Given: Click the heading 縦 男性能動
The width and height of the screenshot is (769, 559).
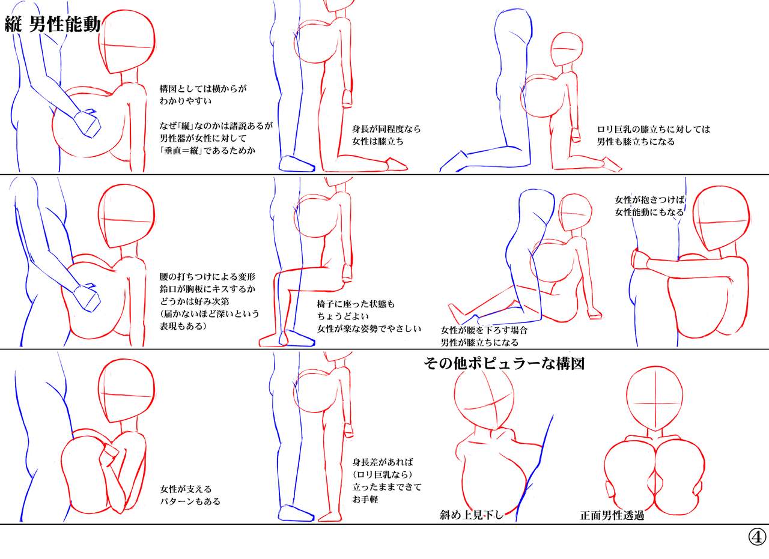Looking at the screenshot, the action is click(x=52, y=25).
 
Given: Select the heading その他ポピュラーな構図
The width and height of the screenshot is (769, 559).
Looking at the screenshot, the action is click(x=504, y=364).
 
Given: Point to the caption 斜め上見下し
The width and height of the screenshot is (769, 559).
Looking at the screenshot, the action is click(x=472, y=515).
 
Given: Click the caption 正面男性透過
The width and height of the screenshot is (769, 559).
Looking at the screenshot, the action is click(x=612, y=515).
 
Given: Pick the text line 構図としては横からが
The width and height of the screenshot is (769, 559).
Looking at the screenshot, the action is click(x=203, y=89).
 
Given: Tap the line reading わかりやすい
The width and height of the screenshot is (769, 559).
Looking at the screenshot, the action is click(x=186, y=101).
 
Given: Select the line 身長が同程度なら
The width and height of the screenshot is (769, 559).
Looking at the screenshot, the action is click(x=386, y=129).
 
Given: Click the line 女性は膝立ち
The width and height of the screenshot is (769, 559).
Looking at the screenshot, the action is click(x=378, y=141).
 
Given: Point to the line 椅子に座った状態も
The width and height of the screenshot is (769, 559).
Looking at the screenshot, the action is click(x=356, y=304).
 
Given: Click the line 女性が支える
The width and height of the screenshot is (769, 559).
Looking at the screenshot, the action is click(x=186, y=489).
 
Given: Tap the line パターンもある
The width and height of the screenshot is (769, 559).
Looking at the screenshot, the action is click(x=190, y=501).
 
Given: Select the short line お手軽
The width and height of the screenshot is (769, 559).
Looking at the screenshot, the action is click(x=365, y=499).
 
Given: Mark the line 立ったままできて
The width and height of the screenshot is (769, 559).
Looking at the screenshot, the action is click(x=387, y=486).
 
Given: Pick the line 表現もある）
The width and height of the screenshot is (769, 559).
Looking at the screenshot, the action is click(x=183, y=326).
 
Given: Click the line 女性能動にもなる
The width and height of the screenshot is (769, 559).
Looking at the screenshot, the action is click(x=649, y=212).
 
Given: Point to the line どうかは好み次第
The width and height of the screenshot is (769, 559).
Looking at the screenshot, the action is click(x=194, y=301).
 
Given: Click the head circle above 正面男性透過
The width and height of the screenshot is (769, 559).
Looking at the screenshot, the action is click(x=654, y=402).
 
